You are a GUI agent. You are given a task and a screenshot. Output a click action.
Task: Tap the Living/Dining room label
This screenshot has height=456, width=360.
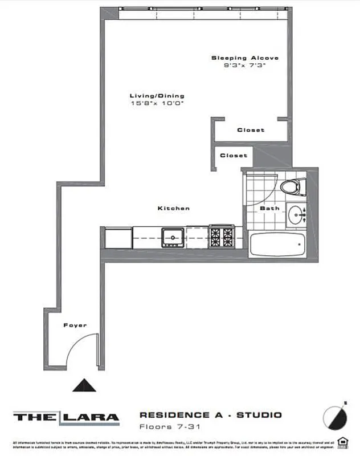157,96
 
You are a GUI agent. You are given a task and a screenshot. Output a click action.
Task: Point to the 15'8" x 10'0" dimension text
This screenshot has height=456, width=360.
157,104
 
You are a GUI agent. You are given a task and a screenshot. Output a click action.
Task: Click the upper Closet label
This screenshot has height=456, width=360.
251,130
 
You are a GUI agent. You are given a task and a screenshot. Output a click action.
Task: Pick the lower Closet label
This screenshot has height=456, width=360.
234,155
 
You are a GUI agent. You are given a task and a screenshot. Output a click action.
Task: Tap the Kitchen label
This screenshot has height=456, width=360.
174,209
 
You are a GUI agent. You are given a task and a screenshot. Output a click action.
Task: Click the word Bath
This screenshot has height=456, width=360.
269,208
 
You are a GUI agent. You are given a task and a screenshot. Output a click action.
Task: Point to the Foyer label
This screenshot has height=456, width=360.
75,325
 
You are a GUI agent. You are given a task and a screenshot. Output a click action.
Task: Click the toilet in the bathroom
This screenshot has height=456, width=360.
293,186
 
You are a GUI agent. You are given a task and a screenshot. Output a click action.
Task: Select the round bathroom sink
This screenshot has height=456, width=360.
296,215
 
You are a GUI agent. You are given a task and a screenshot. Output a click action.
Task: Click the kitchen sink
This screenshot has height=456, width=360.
172,235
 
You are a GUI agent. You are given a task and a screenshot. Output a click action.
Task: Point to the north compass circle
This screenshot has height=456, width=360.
334,418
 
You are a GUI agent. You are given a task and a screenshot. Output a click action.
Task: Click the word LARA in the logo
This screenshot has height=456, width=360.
91,417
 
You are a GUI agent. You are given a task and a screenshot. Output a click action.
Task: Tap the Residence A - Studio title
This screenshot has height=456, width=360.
210,415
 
